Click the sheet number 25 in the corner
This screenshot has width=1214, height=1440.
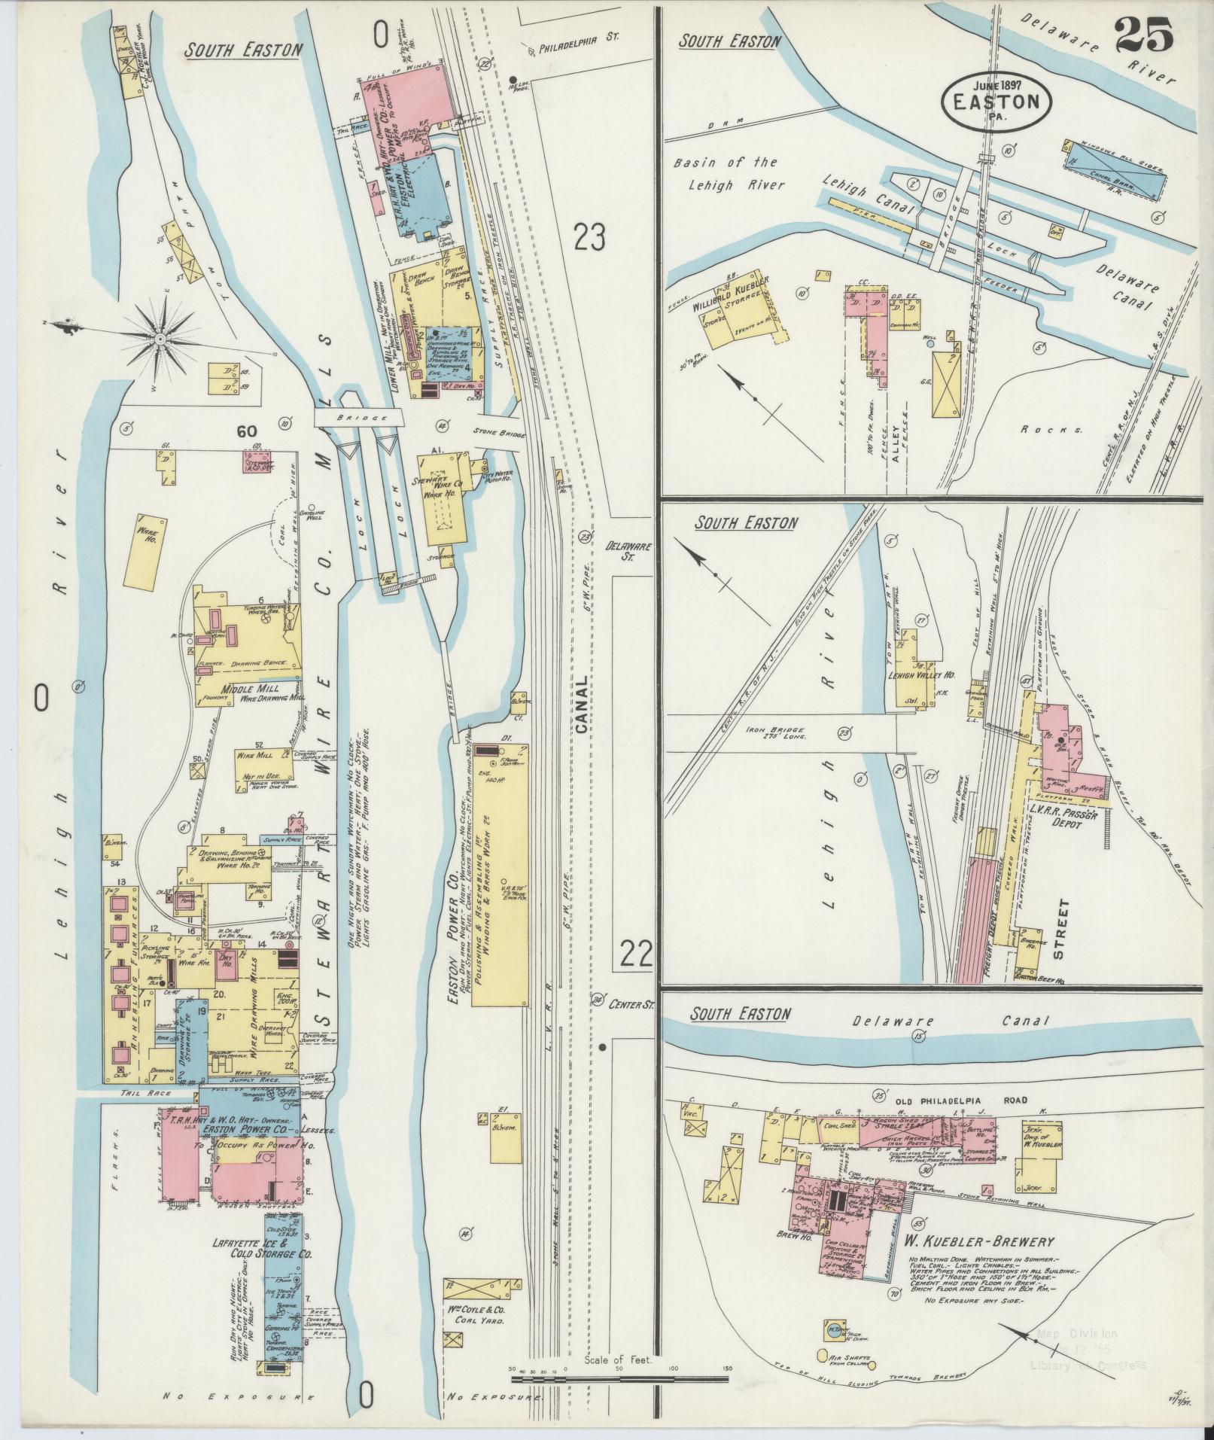(1143, 35)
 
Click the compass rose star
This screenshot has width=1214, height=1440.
(160, 341)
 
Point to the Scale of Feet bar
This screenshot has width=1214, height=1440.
(619, 1379)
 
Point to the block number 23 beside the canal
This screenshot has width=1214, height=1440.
(589, 237)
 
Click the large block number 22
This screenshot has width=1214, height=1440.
(636, 954)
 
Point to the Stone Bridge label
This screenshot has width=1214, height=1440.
(493, 433)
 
